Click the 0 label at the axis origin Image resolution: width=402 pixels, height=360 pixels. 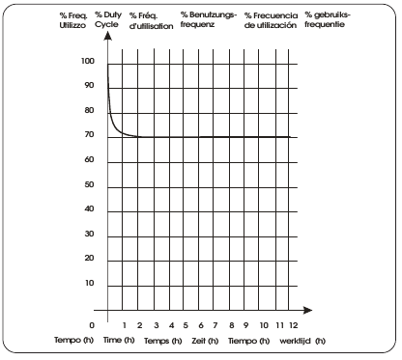point(92,324)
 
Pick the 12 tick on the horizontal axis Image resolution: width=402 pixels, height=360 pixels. point(293,324)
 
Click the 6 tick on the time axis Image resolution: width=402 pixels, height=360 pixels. point(200,324)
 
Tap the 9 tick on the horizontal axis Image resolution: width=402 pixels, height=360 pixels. point(246,324)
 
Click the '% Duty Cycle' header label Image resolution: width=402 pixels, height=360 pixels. point(108,21)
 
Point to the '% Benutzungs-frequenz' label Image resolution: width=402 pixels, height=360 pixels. point(207,21)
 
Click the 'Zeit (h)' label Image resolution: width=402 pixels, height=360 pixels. point(204,341)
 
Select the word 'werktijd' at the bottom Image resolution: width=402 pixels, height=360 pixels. point(296,341)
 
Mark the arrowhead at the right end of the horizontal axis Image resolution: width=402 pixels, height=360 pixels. point(308,310)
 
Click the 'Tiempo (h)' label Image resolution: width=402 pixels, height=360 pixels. point(250,341)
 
